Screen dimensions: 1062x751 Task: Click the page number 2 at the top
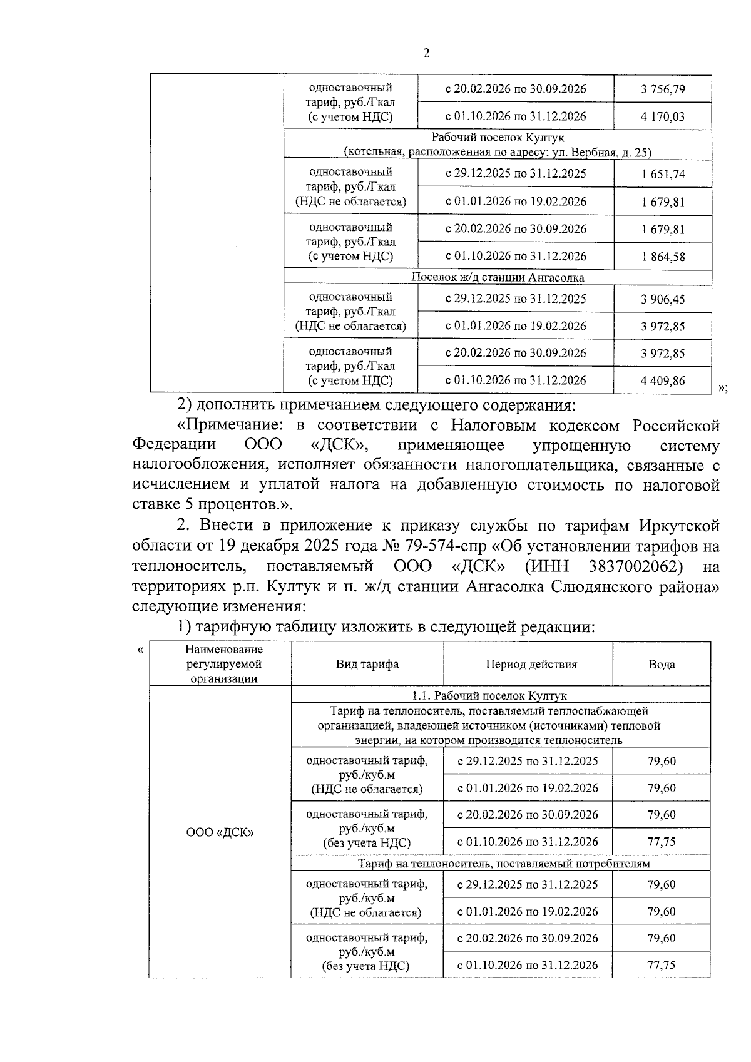[x=426, y=53]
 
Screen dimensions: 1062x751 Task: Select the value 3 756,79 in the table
[x=662, y=89]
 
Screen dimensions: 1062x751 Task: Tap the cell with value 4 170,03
[x=662, y=116]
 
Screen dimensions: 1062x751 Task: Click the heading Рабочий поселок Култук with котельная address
[x=498, y=145]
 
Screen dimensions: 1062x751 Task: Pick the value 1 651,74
[x=662, y=174]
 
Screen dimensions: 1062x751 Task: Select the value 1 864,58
[x=662, y=257]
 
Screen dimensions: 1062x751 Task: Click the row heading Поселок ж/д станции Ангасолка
[x=498, y=277]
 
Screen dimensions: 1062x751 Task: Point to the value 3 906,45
[x=662, y=299]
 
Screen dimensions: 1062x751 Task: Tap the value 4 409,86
[x=662, y=380]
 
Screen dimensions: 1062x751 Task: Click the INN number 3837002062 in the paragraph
[x=635, y=566]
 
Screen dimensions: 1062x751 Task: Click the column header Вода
[x=662, y=665]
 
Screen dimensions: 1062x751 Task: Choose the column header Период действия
[x=531, y=665]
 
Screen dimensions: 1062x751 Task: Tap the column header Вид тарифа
[x=367, y=665]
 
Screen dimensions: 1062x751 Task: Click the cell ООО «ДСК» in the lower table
[x=220, y=833]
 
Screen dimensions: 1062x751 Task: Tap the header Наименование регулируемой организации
[x=223, y=664]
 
